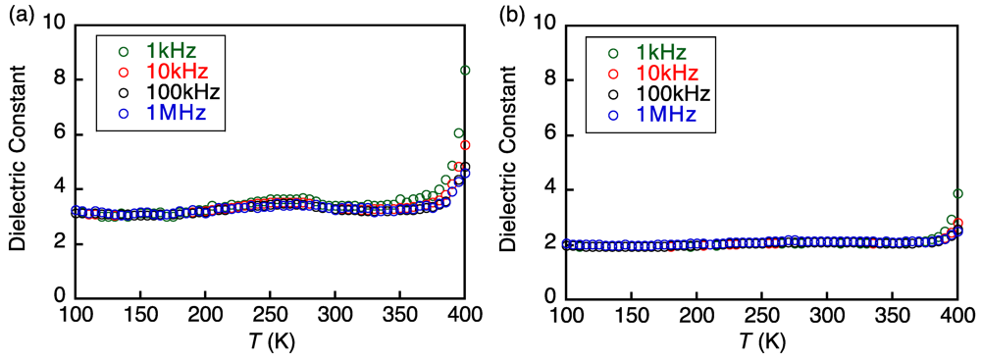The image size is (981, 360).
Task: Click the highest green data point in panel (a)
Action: pos(465,70)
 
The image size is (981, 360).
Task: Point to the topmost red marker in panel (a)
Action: pos(465,144)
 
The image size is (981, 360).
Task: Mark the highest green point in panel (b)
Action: pos(956,193)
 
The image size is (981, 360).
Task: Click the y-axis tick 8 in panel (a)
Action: pos(60,79)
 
